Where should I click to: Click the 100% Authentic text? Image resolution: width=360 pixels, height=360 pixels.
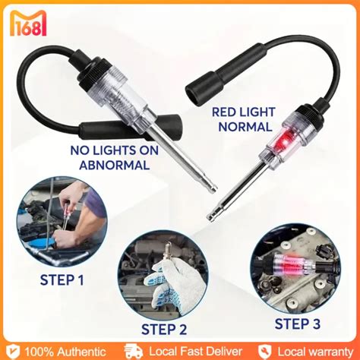click(62, 351)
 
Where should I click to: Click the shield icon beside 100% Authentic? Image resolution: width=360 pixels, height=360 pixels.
click(11, 351)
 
